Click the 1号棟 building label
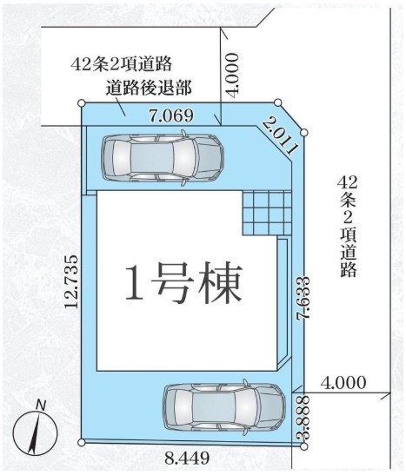(183, 283)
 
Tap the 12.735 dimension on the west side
(72, 281)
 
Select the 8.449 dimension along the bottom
(187, 458)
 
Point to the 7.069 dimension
(171, 115)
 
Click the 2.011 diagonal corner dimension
(281, 136)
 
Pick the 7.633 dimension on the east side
(303, 298)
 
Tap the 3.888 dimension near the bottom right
(303, 416)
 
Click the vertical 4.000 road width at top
(233, 76)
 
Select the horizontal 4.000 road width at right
(343, 383)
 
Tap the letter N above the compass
(41, 405)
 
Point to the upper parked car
(163, 157)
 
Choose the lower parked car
(224, 406)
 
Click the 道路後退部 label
(149, 89)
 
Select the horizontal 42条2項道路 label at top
(122, 64)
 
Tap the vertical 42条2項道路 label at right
(348, 227)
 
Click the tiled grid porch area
(267, 213)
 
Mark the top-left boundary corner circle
(81, 103)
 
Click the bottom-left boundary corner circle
(81, 443)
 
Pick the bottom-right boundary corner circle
(303, 446)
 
